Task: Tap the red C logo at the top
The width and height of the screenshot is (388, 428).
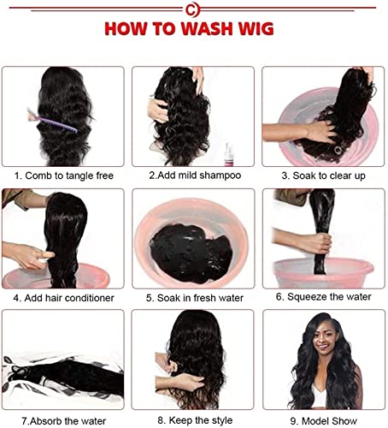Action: [x=193, y=9]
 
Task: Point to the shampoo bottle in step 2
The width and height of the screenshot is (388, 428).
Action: [x=230, y=154]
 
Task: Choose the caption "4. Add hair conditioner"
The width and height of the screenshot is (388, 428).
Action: [x=64, y=297]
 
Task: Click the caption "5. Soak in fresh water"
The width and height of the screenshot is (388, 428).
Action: [x=195, y=297]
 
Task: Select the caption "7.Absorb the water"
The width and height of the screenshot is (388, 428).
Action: [x=64, y=419]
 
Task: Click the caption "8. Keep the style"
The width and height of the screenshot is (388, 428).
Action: [x=195, y=419]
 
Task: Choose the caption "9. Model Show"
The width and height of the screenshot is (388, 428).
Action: [x=324, y=419]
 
